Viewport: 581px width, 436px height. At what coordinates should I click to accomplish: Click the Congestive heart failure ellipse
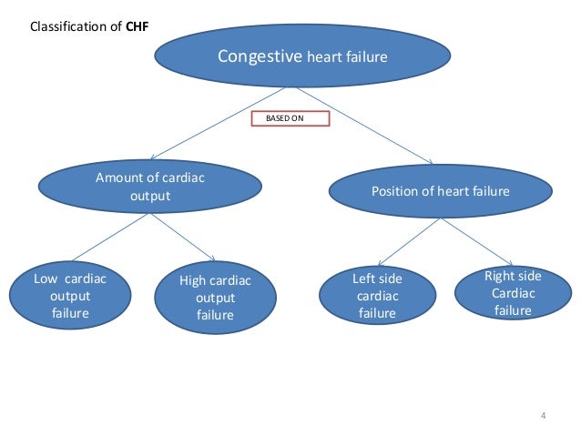301,56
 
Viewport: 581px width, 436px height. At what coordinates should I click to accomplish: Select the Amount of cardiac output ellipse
150,187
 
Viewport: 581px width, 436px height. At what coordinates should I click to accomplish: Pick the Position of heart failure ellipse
440,191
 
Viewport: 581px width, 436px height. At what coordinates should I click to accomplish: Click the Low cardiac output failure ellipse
70,296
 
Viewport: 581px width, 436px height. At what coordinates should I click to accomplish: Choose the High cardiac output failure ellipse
215,297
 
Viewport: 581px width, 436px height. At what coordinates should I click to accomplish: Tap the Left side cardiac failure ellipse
377,295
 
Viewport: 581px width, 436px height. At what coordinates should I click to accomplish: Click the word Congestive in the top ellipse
260,56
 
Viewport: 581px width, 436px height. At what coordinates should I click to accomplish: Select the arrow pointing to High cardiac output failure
183,238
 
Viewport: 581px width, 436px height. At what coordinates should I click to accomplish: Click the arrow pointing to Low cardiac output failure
112,238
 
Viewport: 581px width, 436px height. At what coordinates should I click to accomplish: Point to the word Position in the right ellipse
395,191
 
